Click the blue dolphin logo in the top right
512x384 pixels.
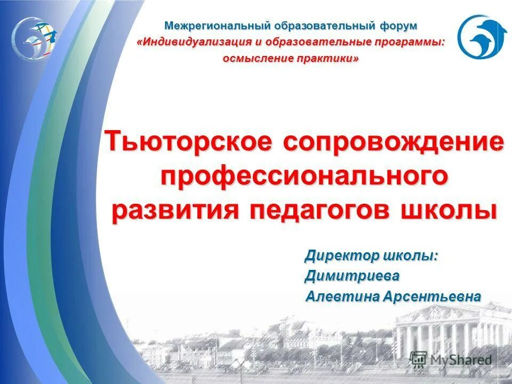pos(482,36)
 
